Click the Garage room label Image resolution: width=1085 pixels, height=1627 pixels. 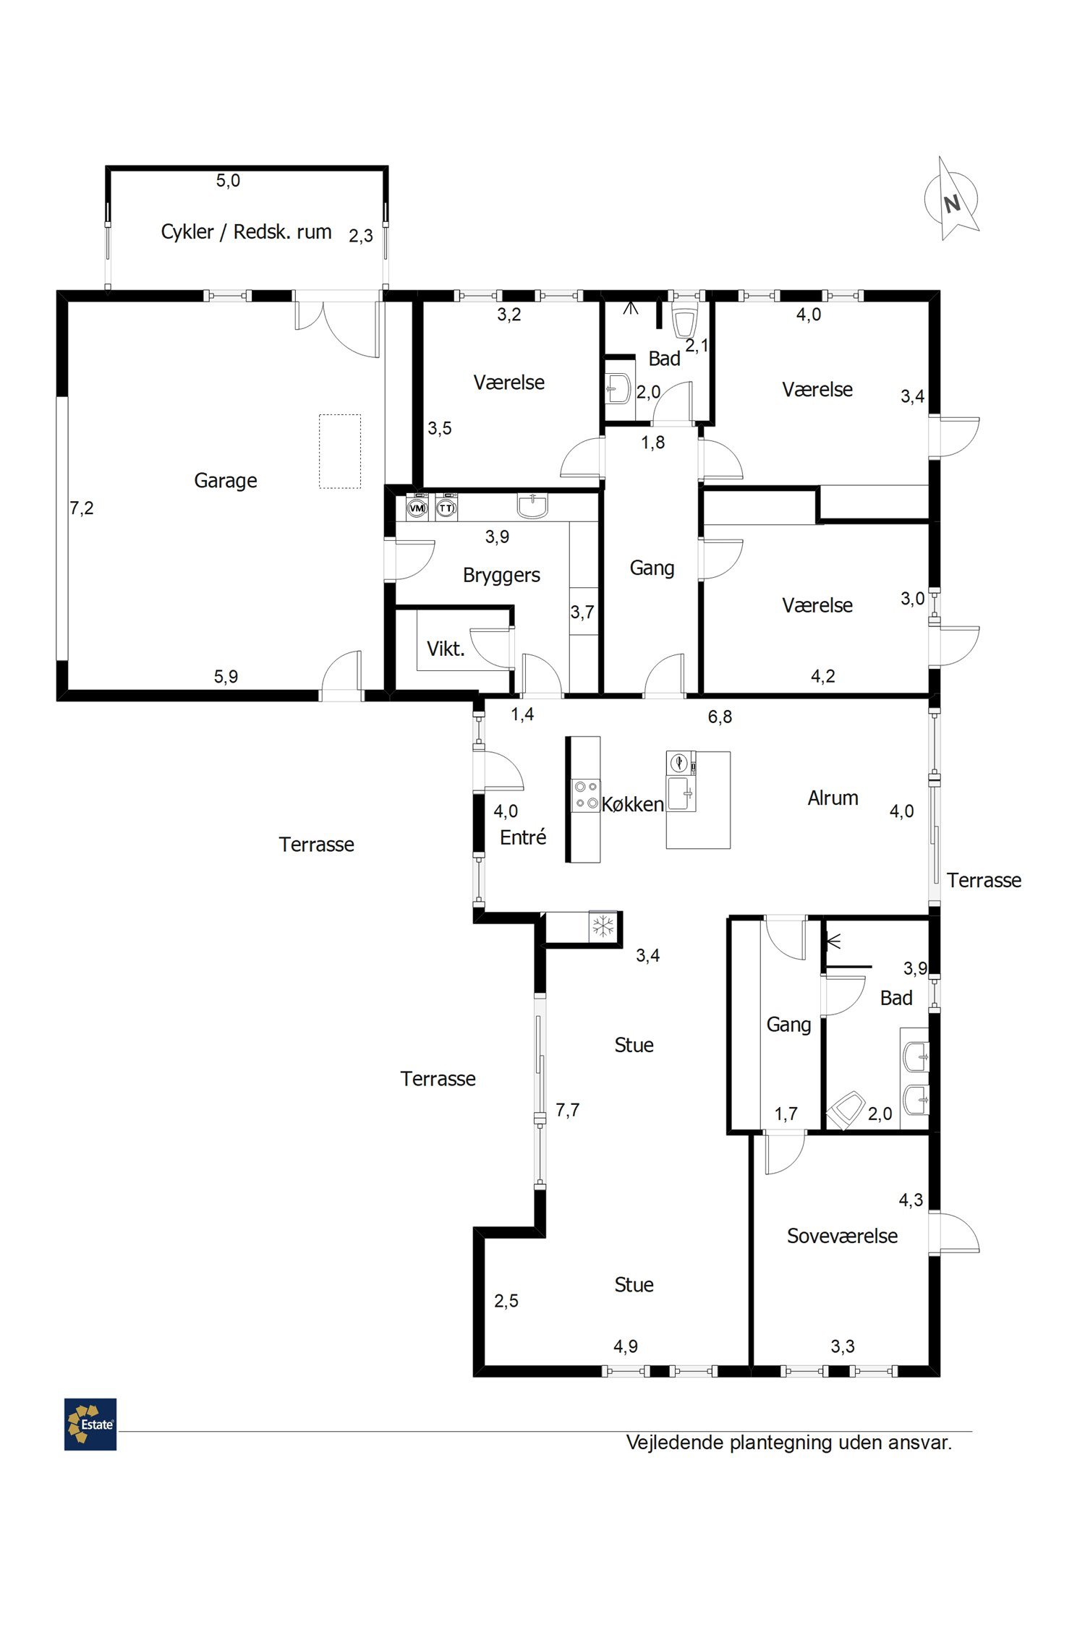coord(226,481)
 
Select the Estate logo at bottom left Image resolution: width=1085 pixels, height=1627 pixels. coord(90,1424)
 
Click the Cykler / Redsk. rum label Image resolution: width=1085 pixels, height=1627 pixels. coord(246,232)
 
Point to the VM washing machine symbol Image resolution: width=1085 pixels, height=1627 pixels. coord(417,507)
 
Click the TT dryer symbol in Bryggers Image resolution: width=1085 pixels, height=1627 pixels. coord(447,507)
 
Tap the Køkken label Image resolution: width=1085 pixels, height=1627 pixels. coord(633,804)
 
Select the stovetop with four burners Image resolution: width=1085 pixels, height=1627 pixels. coord(586,795)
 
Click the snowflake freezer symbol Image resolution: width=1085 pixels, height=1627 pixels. coord(603,926)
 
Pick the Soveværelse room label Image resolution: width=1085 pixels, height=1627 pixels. coord(842,1236)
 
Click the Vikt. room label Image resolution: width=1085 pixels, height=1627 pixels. coord(446,649)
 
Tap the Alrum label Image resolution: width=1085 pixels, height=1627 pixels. coord(833,798)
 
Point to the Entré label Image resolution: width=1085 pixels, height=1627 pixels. coord(523,837)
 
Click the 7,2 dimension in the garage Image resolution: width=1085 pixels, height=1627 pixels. coord(82,508)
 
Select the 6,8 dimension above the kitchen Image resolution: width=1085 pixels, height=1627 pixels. coord(720,717)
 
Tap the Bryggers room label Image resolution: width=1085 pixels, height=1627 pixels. coord(501,576)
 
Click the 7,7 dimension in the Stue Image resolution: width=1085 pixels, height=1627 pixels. coord(567,1110)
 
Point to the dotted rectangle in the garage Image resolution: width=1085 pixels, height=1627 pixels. coord(340,451)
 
